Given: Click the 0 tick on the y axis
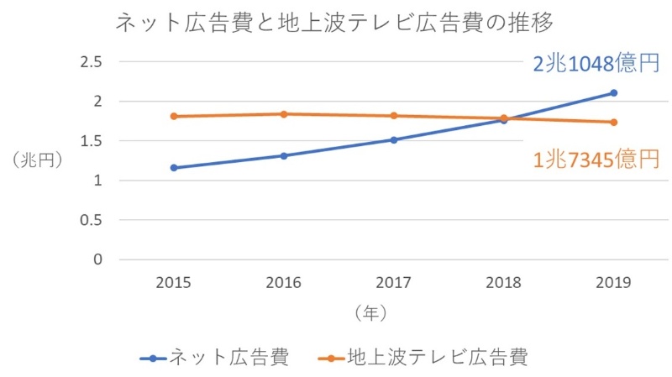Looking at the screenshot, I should pos(97,259).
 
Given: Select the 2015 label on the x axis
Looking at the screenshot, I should pos(173,283).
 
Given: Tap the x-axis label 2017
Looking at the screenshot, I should pos(393,283).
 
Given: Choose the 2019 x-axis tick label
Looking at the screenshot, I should pos(614,283).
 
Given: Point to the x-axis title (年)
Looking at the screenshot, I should pos(370,313).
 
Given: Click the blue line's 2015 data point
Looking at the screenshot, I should pos(173,168).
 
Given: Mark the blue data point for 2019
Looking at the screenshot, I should pos(614,93).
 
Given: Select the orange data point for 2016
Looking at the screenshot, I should pos(284,114).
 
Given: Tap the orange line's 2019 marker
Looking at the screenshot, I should pos(614,123).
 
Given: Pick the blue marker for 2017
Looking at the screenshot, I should pos(393,140).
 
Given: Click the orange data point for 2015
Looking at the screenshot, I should pos(173,117).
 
